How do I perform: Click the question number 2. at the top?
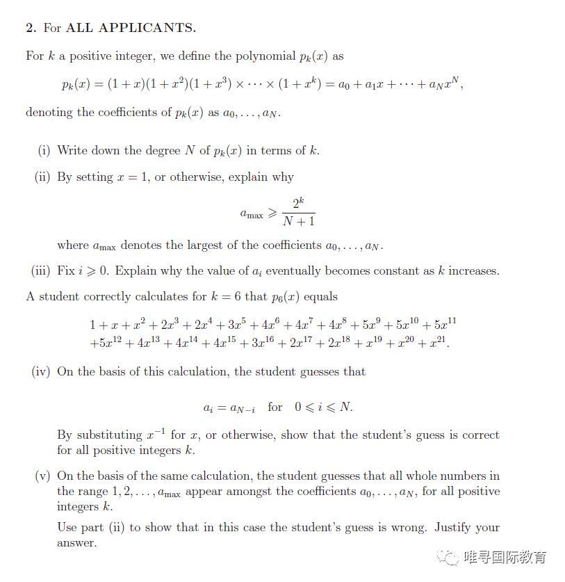click(x=31, y=29)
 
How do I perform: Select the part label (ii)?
click(x=43, y=177)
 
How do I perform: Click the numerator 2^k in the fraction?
click(x=298, y=204)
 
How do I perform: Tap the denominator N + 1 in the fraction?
click(x=299, y=222)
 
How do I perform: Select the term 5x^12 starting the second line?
click(x=105, y=343)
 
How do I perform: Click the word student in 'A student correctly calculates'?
click(x=59, y=296)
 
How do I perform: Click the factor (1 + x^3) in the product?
click(x=207, y=85)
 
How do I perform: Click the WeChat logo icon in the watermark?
click(x=445, y=557)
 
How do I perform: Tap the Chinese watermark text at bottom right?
click(x=505, y=557)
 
